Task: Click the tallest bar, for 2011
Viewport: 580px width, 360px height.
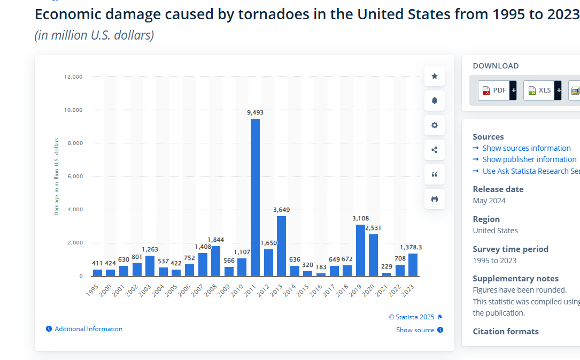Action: (255, 197)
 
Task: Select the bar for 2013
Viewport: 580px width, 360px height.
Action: (281, 246)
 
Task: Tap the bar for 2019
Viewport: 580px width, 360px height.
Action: (360, 250)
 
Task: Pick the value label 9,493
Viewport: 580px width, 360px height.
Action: (255, 112)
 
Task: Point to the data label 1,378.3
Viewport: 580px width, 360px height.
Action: (411, 247)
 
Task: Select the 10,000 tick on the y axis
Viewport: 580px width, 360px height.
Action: (73, 110)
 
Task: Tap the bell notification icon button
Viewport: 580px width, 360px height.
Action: (435, 101)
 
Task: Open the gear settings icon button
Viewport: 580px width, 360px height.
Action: (435, 125)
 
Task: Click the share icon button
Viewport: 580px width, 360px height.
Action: (435, 150)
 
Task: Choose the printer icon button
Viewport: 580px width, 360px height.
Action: (435, 199)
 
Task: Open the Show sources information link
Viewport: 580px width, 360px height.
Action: (526, 148)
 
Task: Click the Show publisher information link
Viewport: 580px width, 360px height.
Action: (529, 159)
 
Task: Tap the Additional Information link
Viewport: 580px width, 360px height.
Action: (88, 329)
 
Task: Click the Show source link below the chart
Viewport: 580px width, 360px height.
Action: (415, 330)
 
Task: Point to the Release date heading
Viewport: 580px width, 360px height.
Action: (498, 189)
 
